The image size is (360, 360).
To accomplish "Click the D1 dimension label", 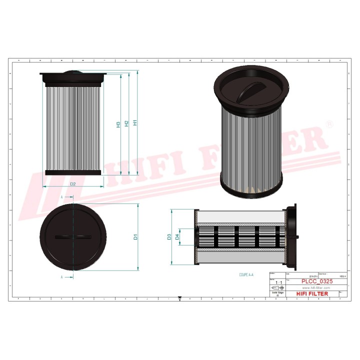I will pos(135,237).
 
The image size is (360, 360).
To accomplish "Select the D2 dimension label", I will pos(72,184).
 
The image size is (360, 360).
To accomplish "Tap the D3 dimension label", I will pos(169,236).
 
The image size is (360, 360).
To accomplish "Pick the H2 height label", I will pos(127,123).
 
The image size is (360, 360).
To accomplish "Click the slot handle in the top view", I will pos(73,237).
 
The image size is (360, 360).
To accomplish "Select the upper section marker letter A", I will pos(61,197).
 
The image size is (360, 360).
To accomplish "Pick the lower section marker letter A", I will pos(61,276).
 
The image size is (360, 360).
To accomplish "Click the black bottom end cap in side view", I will pos(73,172).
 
